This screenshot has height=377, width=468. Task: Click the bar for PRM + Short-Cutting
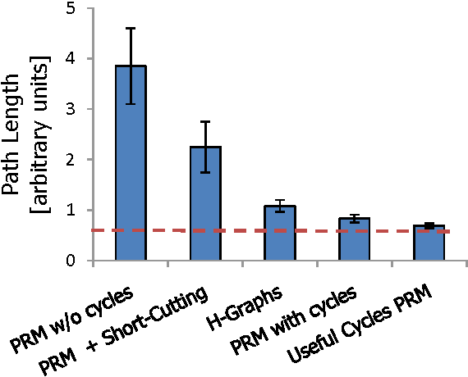click(x=205, y=204)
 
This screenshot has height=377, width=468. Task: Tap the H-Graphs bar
click(x=279, y=234)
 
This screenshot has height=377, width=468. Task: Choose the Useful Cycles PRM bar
click(x=429, y=243)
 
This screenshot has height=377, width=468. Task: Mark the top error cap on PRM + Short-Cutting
click(x=205, y=121)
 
